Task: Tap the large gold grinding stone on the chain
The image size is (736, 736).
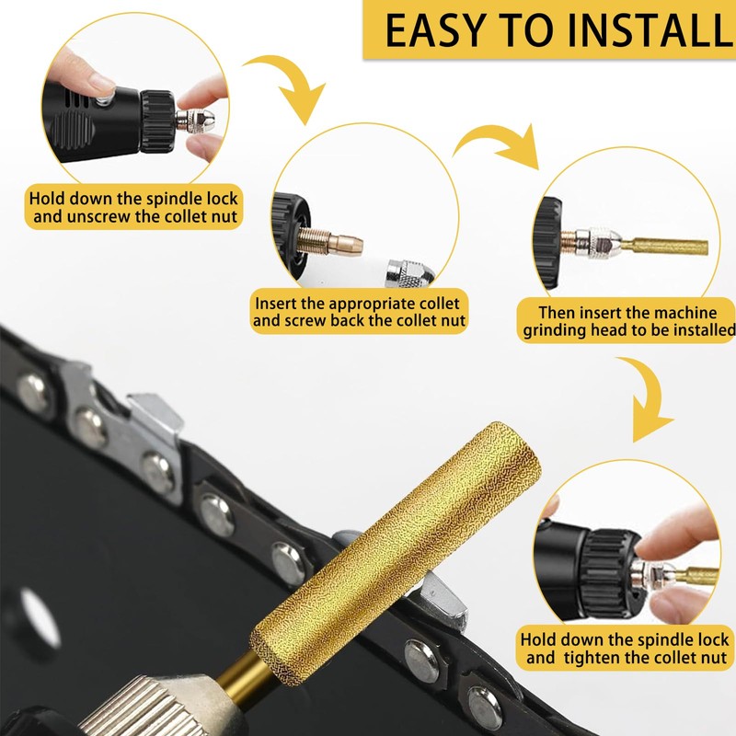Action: click(x=396, y=554)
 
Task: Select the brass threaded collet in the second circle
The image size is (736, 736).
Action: click(x=330, y=241)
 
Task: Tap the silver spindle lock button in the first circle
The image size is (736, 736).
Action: click(x=107, y=98)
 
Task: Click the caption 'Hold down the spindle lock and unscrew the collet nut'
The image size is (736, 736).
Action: click(x=133, y=207)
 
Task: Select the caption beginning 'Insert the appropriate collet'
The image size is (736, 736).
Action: click(x=359, y=312)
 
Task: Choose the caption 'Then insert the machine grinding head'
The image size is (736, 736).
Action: click(x=627, y=321)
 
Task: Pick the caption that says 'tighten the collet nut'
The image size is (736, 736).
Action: click(x=625, y=648)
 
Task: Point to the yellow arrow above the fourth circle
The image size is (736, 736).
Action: click(x=651, y=399)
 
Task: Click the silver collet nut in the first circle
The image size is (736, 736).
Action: click(x=195, y=120)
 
